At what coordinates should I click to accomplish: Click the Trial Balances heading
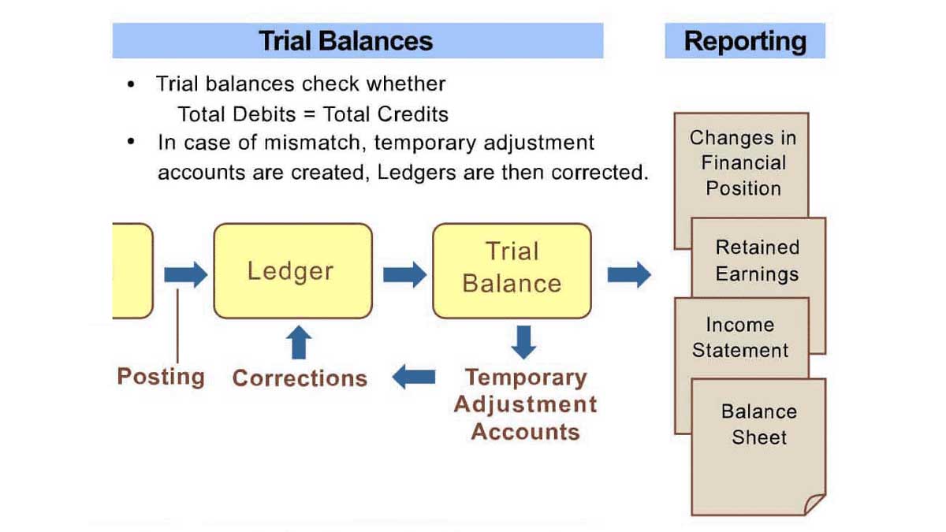pos(346,41)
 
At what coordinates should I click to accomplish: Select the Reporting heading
pos(745,41)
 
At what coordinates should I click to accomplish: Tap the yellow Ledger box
pos(293,270)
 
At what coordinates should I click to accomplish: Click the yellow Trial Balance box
pos(512,270)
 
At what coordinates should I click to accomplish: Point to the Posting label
pos(161,377)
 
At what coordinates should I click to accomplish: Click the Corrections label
pos(300,378)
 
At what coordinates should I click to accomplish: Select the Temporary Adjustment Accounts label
pos(525,404)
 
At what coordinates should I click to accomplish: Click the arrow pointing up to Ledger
pos(299,342)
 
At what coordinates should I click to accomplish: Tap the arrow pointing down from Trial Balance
pos(523,342)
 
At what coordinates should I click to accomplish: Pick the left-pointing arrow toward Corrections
pos(413,377)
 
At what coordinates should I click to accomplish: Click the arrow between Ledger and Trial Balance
pos(404,275)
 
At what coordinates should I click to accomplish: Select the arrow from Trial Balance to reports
pos(629,275)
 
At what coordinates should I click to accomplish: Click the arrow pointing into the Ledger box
pos(186,275)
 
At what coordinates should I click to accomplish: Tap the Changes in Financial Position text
pos(743,163)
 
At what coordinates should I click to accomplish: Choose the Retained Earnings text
pos(758,261)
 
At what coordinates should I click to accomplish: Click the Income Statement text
pos(740,338)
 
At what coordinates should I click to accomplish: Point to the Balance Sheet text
pos(759,424)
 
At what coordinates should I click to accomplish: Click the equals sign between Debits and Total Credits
pos(310,114)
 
